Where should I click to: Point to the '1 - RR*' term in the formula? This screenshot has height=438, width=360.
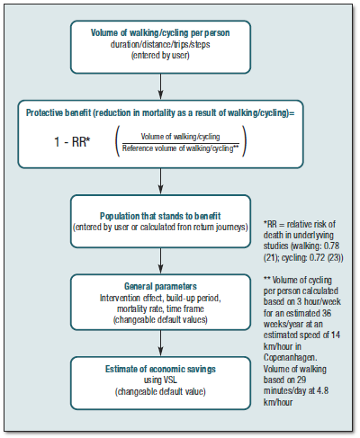tap(60, 142)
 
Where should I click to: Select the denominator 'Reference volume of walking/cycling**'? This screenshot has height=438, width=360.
tap(184, 147)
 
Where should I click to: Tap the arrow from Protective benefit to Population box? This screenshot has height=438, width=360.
tap(159, 184)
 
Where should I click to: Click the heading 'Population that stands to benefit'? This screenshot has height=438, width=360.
tap(159, 217)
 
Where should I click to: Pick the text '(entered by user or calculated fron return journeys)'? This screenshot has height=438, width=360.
tap(159, 228)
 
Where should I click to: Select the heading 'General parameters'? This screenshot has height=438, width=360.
tap(159, 288)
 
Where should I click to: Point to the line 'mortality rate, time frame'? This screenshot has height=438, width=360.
tap(159, 308)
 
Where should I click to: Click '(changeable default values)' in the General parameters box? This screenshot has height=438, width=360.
tap(159, 319)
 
